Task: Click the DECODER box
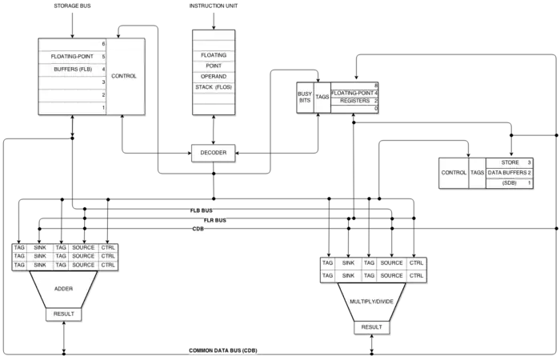(214, 152)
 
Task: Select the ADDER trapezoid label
(63, 288)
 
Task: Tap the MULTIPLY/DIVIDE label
(371, 301)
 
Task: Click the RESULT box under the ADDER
(63, 314)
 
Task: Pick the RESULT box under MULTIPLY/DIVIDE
(371, 327)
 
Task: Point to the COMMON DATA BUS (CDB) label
(225, 350)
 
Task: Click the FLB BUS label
(198, 210)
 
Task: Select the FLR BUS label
(215, 219)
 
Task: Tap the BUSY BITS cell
(305, 97)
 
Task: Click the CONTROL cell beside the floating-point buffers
(124, 76)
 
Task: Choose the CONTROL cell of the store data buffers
(454, 172)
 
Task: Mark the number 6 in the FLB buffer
(103, 43)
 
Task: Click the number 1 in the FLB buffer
(103, 107)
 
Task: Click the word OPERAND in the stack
(214, 76)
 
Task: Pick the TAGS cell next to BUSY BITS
(322, 97)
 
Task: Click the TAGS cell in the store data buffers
(477, 172)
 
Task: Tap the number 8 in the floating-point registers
(375, 84)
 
